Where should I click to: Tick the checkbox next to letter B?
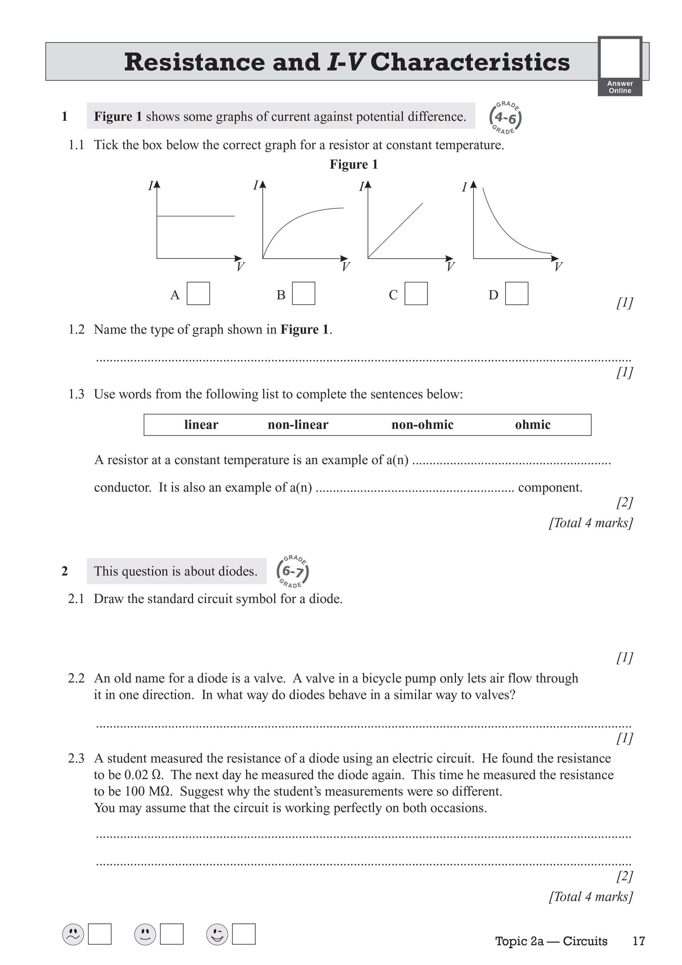[303, 293]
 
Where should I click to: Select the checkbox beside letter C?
[416, 293]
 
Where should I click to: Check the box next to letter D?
[516, 293]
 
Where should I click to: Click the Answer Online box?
[620, 66]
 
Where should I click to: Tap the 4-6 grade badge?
[505, 118]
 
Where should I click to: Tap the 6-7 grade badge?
[293, 572]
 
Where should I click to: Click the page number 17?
[638, 941]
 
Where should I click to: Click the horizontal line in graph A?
[195, 216]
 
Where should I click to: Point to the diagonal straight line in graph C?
[395, 231]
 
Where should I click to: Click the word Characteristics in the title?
[470, 62]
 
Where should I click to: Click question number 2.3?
[76, 758]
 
